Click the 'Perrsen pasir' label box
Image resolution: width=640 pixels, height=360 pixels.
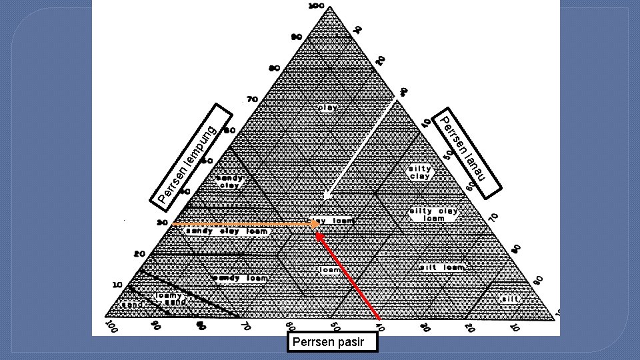(332, 343)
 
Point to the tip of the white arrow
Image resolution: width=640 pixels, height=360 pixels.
(324, 199)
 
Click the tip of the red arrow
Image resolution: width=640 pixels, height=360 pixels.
(317, 233)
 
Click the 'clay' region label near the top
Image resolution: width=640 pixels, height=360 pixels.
(327, 107)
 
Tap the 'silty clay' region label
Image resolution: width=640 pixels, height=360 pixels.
(420, 173)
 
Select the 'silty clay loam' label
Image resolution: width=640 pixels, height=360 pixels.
(433, 215)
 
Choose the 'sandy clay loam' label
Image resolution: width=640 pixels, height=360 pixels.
(227, 231)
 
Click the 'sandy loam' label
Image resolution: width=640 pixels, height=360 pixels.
(239, 278)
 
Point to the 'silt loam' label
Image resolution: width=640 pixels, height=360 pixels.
(442, 267)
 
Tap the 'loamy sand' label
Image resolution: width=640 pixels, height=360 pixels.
(171, 298)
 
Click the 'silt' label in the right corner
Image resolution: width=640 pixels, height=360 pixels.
(511, 299)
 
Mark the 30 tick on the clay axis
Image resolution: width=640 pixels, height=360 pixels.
(161, 223)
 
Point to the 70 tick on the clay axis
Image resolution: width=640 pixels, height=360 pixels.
(252, 99)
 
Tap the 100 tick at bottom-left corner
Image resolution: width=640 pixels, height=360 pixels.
(112, 328)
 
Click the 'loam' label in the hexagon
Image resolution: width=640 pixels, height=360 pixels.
(330, 270)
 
